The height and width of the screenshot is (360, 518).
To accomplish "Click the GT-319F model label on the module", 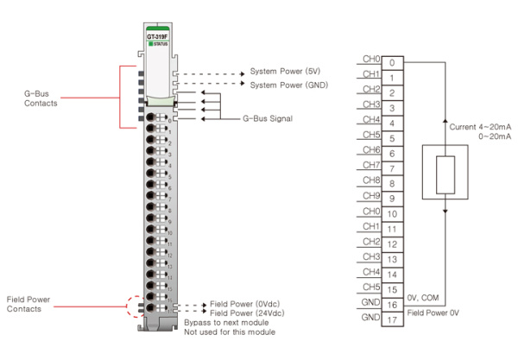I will tap(157, 37).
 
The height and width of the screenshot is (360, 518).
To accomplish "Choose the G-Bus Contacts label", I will tap(41, 98).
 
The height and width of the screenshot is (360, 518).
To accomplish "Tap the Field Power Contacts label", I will tap(28, 304).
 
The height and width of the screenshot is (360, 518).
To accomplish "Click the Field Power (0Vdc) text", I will tap(245, 305).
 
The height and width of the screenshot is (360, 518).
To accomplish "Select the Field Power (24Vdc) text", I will tap(247, 313).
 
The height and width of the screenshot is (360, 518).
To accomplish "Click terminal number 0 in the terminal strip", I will tap(392, 62).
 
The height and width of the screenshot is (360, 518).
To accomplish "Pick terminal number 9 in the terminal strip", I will tap(392, 199).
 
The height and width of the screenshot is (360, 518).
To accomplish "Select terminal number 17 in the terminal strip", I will tap(392, 319).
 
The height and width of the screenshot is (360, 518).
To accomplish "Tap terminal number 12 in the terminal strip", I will tap(392, 244).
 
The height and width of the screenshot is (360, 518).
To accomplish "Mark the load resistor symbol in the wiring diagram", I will tap(445, 170).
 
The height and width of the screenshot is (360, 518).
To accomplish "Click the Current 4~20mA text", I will tap(480, 127).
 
